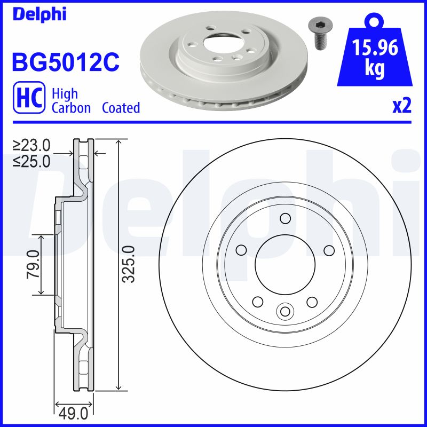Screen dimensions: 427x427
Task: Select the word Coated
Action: (121, 108)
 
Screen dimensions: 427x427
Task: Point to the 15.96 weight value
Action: (375, 49)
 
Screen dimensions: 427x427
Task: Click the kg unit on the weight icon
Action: (375, 70)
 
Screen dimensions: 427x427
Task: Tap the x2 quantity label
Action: (401, 106)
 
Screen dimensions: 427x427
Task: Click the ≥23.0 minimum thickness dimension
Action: (32, 145)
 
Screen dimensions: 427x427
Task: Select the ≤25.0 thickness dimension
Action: (32, 161)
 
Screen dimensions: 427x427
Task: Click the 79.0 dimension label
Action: (34, 264)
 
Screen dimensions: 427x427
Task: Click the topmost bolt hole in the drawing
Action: (285, 218)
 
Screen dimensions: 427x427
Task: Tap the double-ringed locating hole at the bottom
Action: (285, 311)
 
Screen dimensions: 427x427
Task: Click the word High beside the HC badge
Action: (65, 94)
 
